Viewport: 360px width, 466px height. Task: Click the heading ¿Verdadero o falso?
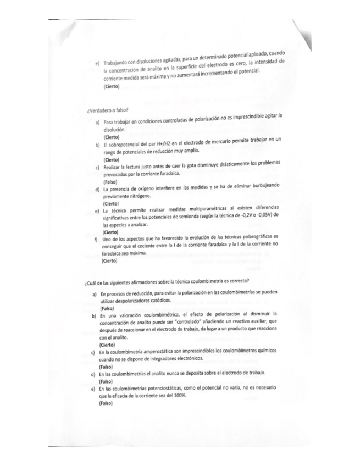coord(104,110)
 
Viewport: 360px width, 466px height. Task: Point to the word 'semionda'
coord(185,218)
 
